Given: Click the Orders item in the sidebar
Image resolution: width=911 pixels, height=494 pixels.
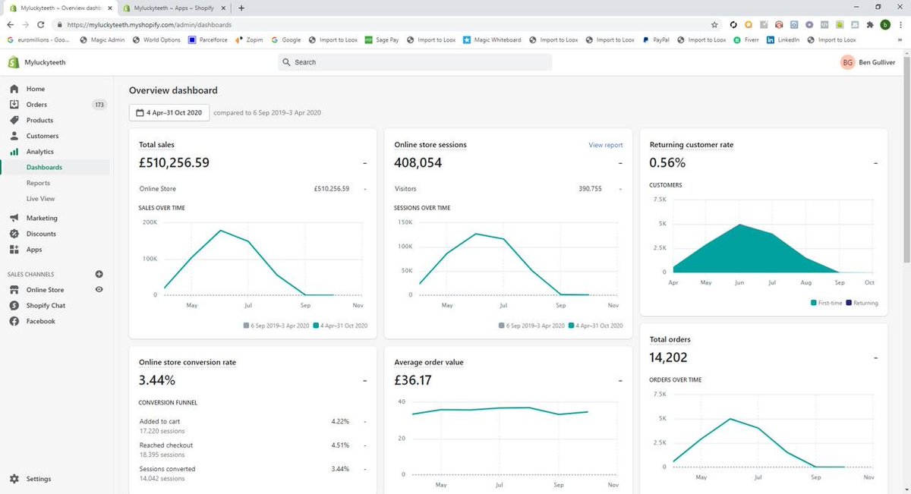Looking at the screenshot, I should (x=36, y=105).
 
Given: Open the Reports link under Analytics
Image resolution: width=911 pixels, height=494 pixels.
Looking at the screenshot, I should (x=38, y=183).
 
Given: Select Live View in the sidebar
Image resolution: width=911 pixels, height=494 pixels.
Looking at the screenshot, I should (x=41, y=199).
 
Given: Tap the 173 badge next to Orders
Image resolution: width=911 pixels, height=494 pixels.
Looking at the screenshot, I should (x=99, y=105).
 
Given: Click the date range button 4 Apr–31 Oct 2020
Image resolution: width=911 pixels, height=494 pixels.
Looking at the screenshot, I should (x=169, y=112).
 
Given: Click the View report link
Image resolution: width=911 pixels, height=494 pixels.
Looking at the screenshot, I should (x=605, y=144).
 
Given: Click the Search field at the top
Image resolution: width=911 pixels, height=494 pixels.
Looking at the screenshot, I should (x=415, y=62).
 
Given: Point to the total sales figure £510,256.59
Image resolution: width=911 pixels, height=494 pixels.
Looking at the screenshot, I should (x=174, y=162).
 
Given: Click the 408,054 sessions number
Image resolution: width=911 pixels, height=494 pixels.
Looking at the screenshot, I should (x=418, y=162).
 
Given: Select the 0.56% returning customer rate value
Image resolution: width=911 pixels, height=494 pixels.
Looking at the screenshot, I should (x=667, y=162).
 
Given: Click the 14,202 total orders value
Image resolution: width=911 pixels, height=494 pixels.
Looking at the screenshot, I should (x=669, y=357).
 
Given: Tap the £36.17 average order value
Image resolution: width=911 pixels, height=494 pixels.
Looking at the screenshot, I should (x=413, y=380).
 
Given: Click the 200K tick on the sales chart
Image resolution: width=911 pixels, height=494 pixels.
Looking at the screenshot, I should (x=150, y=222).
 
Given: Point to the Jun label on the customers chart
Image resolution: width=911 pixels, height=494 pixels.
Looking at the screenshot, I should (x=739, y=282).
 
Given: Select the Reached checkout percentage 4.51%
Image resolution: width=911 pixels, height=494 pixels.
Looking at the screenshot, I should (x=339, y=445).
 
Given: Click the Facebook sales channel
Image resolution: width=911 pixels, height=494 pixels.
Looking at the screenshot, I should (x=40, y=321).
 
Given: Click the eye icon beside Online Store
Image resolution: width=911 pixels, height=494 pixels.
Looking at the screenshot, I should (x=99, y=290).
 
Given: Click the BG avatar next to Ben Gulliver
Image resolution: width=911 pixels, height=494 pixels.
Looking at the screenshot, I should (x=847, y=62).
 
